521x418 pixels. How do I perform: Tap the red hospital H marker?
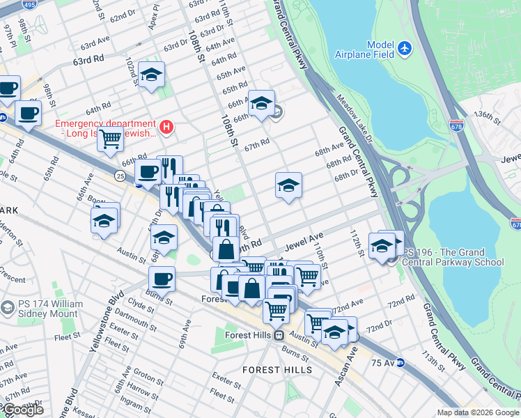tap(166, 127)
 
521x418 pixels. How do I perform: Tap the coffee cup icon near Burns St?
tap(162, 278)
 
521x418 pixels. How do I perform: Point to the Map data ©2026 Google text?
tap(478, 412)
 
